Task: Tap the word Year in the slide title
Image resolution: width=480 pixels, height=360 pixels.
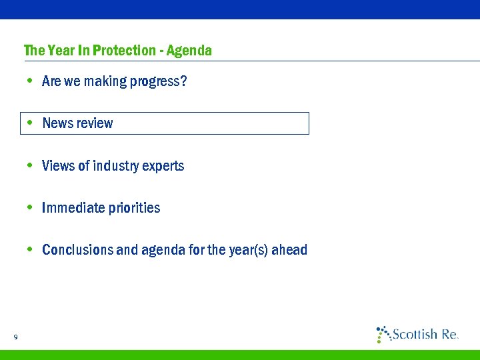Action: click(x=55, y=51)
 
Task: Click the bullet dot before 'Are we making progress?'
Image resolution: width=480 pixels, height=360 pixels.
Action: click(x=30, y=81)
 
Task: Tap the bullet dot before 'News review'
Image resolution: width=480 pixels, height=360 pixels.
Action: click(x=30, y=123)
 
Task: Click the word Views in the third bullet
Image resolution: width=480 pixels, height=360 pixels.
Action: click(x=58, y=166)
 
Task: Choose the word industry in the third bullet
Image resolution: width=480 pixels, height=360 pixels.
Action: click(x=117, y=166)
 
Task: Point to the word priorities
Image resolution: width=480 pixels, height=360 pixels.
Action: click(x=134, y=208)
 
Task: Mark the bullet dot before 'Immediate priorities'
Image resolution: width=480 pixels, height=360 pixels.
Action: click(x=30, y=207)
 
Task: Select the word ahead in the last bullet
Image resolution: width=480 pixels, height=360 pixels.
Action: click(x=291, y=250)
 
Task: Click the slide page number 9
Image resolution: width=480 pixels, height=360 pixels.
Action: click(x=15, y=337)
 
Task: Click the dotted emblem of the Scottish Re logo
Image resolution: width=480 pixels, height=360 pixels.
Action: click(x=383, y=334)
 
